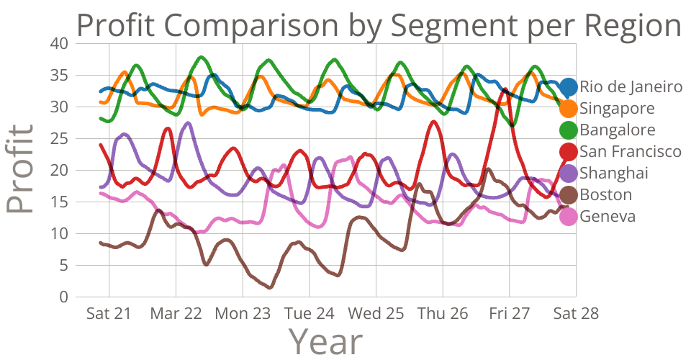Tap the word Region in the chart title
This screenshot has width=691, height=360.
pos(633,26)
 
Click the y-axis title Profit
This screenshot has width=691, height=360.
pos(20,170)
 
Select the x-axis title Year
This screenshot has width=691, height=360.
pos(325,341)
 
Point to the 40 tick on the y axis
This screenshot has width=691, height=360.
pos(60,43)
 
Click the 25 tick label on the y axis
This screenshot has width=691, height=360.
pos(60,139)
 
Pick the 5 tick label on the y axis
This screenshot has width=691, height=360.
pos(63,266)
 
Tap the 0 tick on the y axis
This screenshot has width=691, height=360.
pos(63,297)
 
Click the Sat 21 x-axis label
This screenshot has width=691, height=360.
pos(109,314)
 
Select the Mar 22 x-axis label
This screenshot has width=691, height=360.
pos(175,314)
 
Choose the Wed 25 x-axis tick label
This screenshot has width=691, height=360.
pos(375,314)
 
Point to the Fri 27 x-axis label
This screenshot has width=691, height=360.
pos(509,314)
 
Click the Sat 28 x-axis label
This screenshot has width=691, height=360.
pos(575,314)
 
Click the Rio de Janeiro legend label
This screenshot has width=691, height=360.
pos(631,87)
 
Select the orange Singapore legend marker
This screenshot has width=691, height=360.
pos(568,109)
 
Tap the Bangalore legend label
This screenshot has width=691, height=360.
pos(618,130)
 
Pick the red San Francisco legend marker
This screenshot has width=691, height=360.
pos(568,152)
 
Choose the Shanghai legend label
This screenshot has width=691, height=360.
pos(614,174)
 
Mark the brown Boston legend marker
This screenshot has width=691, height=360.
pos(568,195)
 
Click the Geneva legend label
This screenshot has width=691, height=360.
pos(608,217)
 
